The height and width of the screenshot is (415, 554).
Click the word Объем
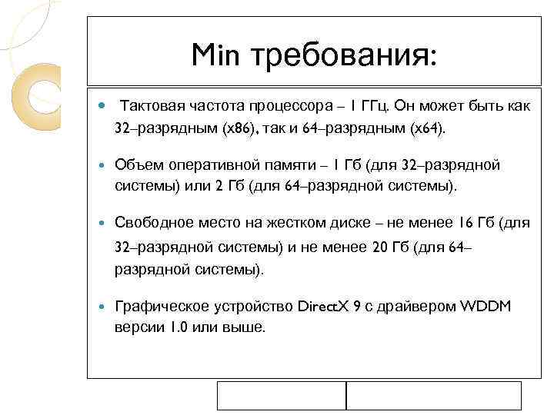coord(136,164)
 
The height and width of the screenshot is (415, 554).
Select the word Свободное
coord(152,223)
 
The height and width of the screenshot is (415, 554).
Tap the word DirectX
coord(324,307)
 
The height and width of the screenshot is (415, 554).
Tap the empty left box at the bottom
coord(282,395)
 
